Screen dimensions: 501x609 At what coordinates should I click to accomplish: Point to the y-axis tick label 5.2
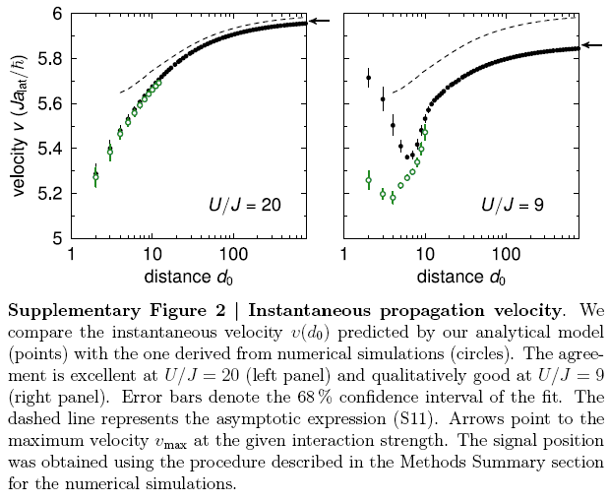tap(46, 194)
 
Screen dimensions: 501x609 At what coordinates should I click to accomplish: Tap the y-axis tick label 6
tap(55, 14)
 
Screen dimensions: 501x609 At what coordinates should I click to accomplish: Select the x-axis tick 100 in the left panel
tap(233, 255)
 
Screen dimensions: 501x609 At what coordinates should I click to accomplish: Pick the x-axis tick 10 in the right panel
tap(424, 255)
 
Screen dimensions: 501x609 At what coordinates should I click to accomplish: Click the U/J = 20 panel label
tap(245, 206)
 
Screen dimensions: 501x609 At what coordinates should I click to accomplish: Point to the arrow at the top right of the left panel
tap(321, 20)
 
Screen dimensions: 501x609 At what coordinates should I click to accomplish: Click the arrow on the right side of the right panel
tap(591, 44)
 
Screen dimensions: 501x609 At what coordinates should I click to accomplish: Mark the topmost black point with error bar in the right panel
tap(368, 78)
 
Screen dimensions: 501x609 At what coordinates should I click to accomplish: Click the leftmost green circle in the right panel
tap(368, 181)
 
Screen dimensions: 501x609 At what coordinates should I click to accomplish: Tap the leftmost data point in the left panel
tap(95, 176)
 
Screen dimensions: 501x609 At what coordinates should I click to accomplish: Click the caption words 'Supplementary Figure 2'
tap(103, 309)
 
